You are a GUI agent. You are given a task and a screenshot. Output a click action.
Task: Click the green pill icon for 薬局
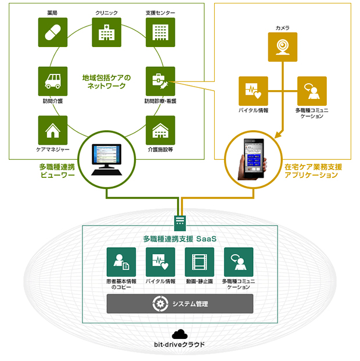tap(53, 33)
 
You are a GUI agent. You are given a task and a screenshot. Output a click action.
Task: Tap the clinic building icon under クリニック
tap(106, 33)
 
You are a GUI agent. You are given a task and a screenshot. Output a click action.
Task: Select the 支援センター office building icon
tap(160, 33)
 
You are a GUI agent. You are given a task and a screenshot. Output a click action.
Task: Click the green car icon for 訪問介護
tap(53, 81)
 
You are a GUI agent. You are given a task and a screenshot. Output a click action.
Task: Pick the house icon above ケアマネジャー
tap(53, 130)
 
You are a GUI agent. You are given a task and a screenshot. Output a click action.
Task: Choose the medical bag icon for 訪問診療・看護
tap(160, 81)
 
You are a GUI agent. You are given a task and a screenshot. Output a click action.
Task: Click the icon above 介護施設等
tap(160, 130)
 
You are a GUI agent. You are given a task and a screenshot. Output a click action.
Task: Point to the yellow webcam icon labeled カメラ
tap(283, 47)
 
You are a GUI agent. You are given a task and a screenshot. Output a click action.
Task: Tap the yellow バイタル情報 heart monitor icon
tap(253, 91)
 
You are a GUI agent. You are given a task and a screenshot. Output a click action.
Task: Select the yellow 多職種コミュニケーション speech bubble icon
tap(312, 91)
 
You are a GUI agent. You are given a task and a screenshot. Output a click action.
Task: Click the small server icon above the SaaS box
tap(180, 221)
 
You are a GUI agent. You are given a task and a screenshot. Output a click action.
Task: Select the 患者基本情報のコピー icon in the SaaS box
tap(121, 262)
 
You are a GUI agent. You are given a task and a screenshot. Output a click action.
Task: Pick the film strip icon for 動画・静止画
tap(199, 262)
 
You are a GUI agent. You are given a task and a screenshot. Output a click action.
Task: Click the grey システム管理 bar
tap(180, 303)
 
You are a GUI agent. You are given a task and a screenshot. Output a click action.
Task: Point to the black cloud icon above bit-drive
tap(180, 334)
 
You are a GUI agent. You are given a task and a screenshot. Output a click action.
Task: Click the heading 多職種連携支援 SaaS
tap(180, 238)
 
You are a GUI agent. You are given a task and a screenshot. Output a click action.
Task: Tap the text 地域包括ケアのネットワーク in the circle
tap(106, 81)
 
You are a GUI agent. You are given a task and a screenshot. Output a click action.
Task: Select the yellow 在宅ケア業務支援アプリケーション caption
tap(314, 171)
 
